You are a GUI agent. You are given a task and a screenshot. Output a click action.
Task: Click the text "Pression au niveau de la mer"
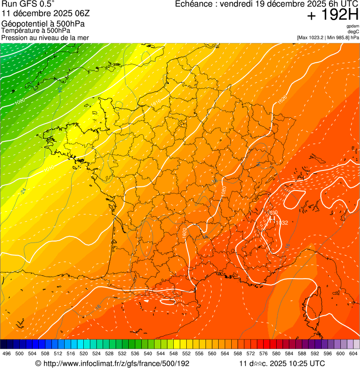pyautogui.click(x=45, y=37)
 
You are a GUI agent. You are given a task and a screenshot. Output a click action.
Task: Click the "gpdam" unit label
pyautogui.click(x=353, y=26)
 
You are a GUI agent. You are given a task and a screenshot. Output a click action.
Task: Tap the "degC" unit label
pyautogui.click(x=353, y=31)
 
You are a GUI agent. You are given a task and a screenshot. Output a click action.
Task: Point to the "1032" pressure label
pyautogui.click(x=282, y=223)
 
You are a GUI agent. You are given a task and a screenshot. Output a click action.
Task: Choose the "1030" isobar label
pyautogui.click(x=272, y=213)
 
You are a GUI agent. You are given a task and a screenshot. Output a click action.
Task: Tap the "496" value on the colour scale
pyautogui.click(x=7, y=353)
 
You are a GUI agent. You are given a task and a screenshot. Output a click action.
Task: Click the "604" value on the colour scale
pyautogui.click(x=353, y=353)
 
